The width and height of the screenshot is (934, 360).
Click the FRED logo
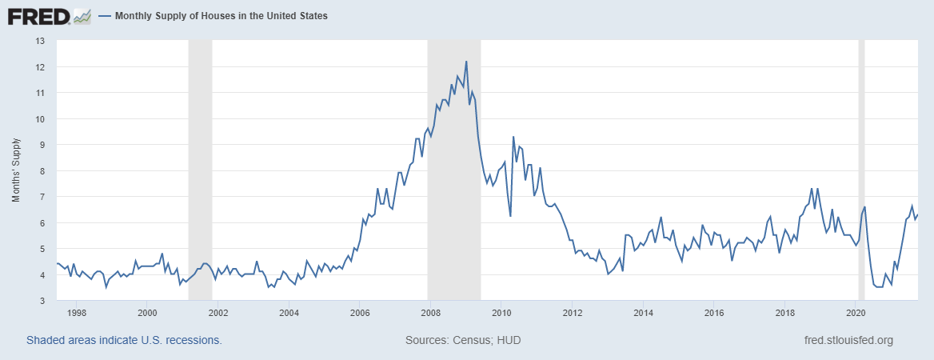pyautogui.click(x=49, y=15)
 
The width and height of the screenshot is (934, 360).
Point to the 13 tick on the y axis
pyautogui.click(x=40, y=41)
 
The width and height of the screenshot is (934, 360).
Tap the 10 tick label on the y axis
pyautogui.click(x=40, y=119)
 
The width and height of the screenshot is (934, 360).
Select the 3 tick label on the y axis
pyautogui.click(x=42, y=301)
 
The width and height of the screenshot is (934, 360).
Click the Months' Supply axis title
pyautogui.click(x=15, y=170)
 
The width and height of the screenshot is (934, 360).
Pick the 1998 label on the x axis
pyautogui.click(x=77, y=313)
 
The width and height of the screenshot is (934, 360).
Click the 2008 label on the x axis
pyautogui.click(x=430, y=313)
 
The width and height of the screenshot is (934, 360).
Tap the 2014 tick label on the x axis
pyautogui.click(x=643, y=313)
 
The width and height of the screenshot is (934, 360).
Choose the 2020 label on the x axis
pyautogui.click(x=856, y=313)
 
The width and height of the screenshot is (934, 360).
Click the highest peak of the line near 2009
pyautogui.click(x=466, y=62)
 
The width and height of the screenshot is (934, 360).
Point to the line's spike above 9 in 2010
pyautogui.click(x=513, y=137)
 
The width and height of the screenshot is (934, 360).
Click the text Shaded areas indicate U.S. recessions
pyautogui.click(x=124, y=340)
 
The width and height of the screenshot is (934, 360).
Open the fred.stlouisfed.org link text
pyautogui.click(x=848, y=340)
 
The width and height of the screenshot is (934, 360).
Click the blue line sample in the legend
pyautogui.click(x=105, y=16)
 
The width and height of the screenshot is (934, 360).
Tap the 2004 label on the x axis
pyautogui.click(x=289, y=313)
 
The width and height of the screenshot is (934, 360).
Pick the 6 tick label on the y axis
pyautogui.click(x=42, y=223)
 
